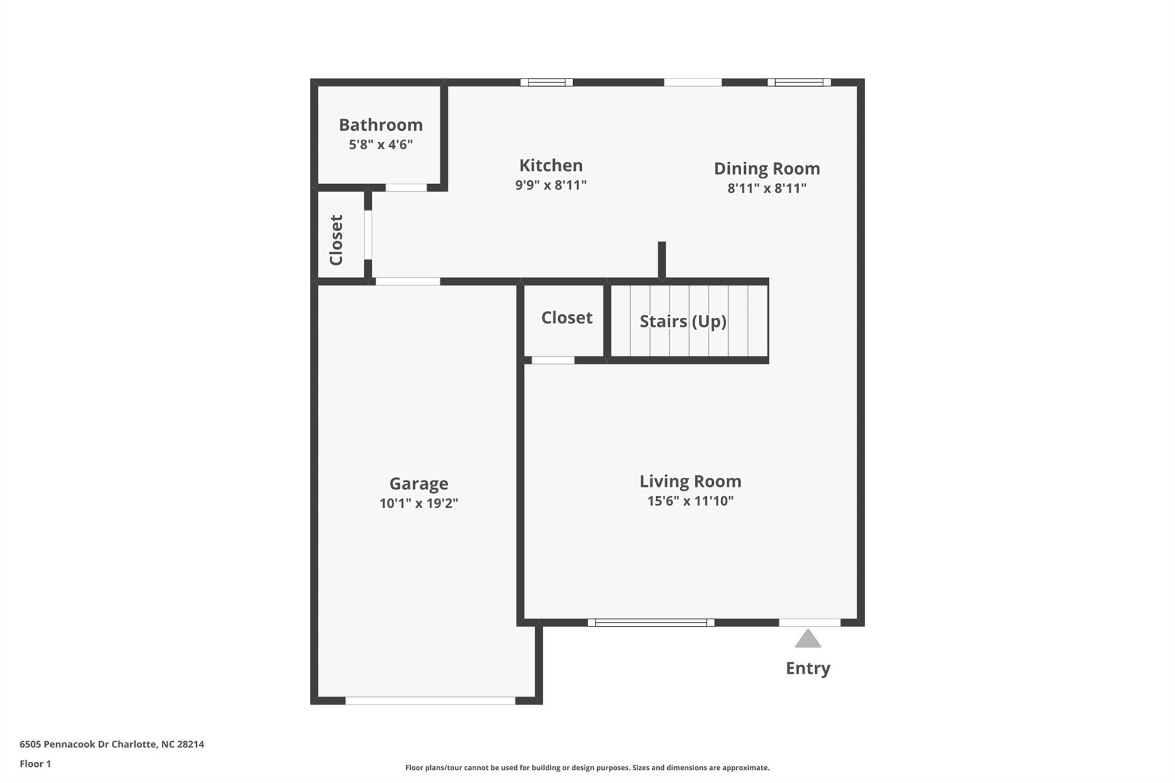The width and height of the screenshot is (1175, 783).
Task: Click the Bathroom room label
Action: point(380,124)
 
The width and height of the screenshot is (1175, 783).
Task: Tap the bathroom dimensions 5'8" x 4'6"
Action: point(380,145)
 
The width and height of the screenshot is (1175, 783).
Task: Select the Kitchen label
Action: point(551,165)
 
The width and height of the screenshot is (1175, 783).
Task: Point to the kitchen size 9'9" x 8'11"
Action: point(551,185)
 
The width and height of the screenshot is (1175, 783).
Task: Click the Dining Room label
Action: point(767,169)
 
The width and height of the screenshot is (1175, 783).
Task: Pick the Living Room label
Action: point(690,481)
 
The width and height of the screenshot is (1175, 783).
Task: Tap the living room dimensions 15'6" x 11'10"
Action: point(690,501)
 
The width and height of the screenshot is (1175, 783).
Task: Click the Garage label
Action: point(419,484)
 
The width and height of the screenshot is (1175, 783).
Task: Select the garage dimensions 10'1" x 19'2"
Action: point(419,504)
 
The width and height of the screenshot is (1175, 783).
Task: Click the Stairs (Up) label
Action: point(683,321)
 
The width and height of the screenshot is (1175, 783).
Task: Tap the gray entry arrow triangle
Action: point(808,639)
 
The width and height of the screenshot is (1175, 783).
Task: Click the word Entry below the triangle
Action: point(808,668)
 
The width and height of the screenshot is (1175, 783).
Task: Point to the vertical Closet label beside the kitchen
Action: point(336,240)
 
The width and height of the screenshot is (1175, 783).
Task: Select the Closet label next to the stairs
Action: point(566,318)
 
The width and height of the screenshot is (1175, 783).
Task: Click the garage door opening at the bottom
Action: point(430,700)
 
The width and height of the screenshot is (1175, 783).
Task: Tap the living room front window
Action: point(651,622)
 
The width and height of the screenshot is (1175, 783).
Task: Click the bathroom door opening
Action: point(406,188)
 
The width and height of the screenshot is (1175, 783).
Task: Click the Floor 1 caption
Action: point(35,763)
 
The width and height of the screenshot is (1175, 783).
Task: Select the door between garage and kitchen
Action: point(407,281)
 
